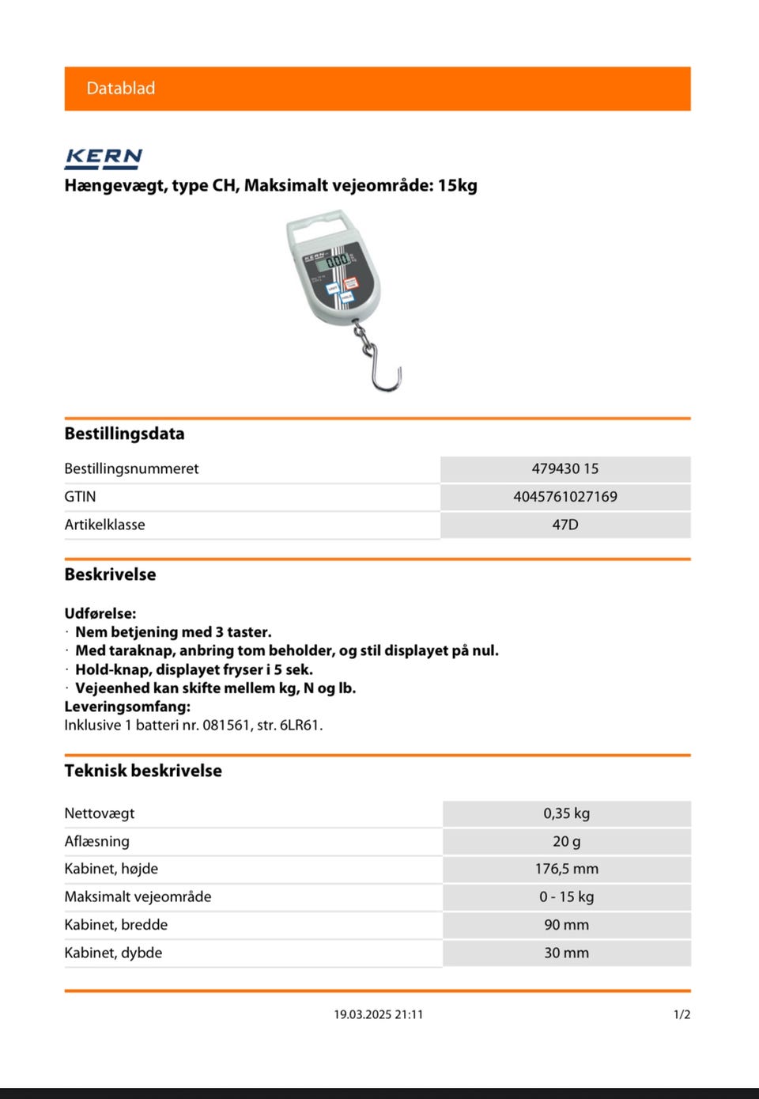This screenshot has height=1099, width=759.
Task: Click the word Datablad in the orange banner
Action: coord(120,88)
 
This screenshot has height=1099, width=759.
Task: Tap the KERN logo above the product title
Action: coord(103,157)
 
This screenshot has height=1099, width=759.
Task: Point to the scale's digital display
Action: coord(337,260)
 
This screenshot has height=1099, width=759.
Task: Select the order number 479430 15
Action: coord(565,468)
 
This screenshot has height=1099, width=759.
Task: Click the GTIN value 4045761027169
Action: coord(565,497)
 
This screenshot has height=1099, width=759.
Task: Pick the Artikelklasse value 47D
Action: coord(565,525)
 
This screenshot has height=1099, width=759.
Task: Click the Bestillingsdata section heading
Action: coord(124,434)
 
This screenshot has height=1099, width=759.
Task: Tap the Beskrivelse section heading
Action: coord(110,574)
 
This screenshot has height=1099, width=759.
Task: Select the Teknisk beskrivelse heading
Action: coord(143,771)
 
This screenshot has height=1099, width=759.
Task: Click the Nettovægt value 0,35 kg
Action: coord(566,813)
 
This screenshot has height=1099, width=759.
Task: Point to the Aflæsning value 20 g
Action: coord(566,841)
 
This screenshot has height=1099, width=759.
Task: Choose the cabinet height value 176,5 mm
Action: coord(566,869)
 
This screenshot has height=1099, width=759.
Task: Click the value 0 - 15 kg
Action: coord(566,896)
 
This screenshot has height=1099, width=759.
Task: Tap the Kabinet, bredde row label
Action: coord(116,924)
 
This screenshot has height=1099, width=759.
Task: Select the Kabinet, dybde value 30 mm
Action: coord(566,953)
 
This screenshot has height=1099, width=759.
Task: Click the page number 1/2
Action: coord(682,1014)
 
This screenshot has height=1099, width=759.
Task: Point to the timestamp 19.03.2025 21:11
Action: coord(378,1014)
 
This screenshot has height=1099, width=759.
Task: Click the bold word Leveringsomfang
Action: coord(127,707)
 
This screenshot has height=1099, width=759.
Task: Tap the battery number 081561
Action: coord(226,725)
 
